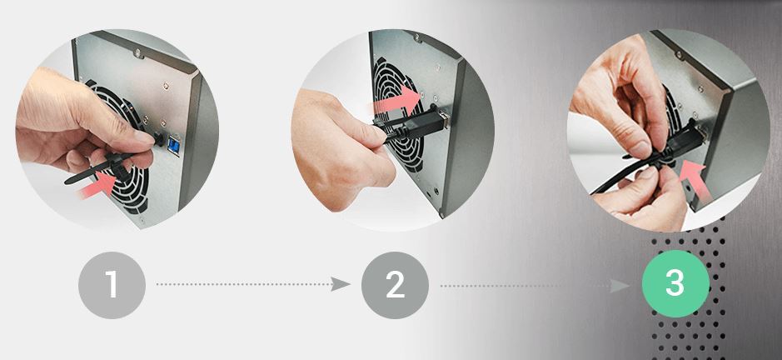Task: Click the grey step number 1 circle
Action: tap(112, 285)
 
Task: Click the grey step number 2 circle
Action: tap(395, 285)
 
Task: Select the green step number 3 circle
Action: tap(675, 283)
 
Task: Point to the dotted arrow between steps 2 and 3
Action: tap(535, 286)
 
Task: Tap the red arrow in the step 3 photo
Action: tap(695, 180)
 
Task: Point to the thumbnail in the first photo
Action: tap(142, 137)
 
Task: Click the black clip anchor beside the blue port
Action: tap(158, 139)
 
